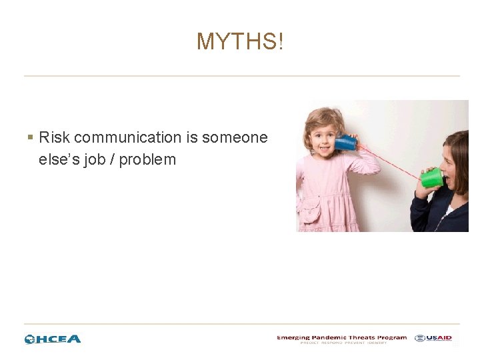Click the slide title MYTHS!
[240, 42]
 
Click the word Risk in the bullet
[55, 138]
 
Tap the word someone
[235, 138]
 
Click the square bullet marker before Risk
[30, 138]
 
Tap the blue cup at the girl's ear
[345, 142]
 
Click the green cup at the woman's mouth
[432, 177]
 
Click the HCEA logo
[53, 339]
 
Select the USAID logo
[433, 338]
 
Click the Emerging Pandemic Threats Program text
[341, 337]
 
